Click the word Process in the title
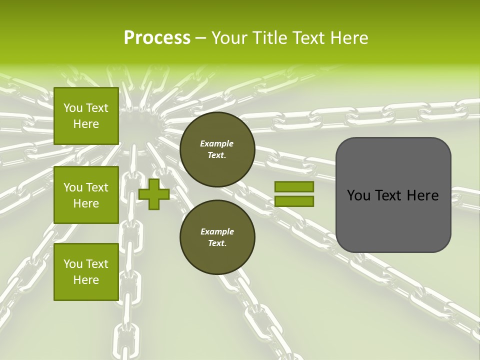(x=157, y=38)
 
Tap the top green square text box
(x=86, y=116)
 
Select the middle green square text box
(x=86, y=195)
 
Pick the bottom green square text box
(x=86, y=272)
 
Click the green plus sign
(x=154, y=194)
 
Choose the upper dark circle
(x=217, y=149)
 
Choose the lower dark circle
(x=217, y=237)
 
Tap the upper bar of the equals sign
(x=294, y=187)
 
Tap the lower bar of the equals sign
(x=294, y=201)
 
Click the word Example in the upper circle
(x=217, y=143)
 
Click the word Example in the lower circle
(x=217, y=231)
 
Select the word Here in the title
(x=347, y=38)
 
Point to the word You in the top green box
(x=73, y=108)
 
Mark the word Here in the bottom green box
(x=86, y=280)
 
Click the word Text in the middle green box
(x=97, y=187)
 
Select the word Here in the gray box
(x=422, y=195)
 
